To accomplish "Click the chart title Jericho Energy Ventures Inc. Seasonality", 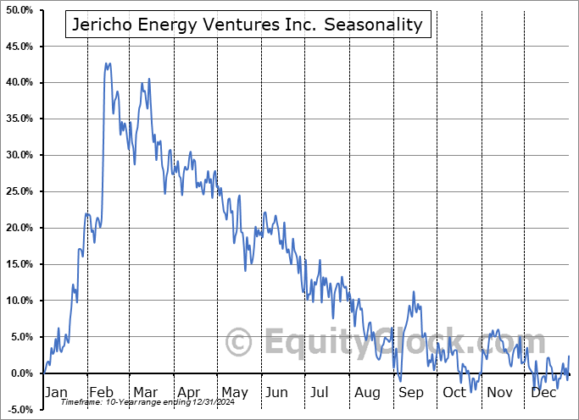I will (x=248, y=25).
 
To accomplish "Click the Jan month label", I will (x=56, y=393).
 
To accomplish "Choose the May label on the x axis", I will (x=234, y=393).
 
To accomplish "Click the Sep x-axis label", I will (x=411, y=393).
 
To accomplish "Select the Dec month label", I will (x=543, y=393).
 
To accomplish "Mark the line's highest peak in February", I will (x=107, y=63).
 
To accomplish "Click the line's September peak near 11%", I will (x=413, y=292).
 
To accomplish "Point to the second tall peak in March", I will (x=149, y=79).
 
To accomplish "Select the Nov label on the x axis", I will (x=499, y=393).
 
